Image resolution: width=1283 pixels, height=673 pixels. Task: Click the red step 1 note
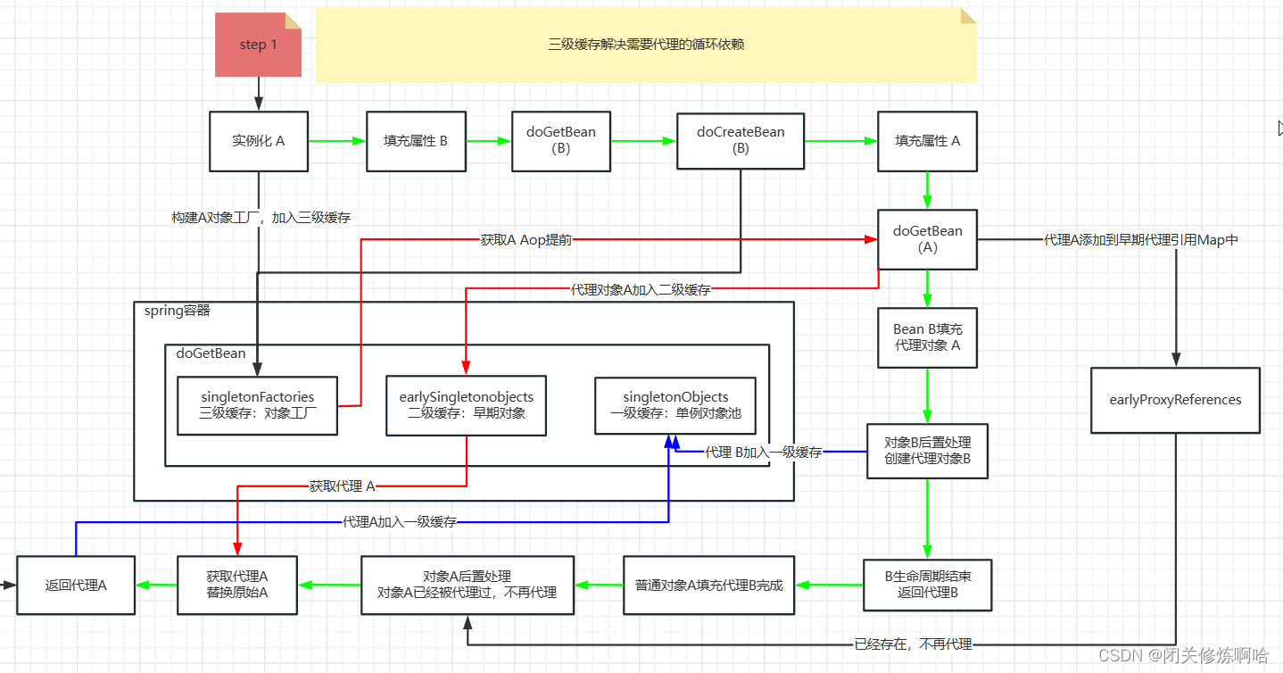(x=258, y=45)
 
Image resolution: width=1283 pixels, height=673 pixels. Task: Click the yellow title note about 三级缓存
(x=646, y=44)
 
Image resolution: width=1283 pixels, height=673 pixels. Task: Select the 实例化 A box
(x=259, y=141)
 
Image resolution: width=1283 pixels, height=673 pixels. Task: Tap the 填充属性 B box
(x=416, y=141)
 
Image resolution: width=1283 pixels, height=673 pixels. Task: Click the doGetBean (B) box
(x=560, y=141)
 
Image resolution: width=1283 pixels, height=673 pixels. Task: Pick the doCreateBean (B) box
(x=741, y=141)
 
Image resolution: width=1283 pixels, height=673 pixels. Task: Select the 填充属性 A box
(x=927, y=141)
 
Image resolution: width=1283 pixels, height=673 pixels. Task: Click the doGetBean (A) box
(x=927, y=239)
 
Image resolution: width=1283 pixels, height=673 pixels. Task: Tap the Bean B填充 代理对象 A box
(x=927, y=337)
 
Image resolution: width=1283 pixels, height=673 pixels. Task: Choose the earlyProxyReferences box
(x=1175, y=400)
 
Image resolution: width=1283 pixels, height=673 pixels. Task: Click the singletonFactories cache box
(x=257, y=405)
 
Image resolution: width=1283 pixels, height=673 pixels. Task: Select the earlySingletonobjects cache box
(x=466, y=405)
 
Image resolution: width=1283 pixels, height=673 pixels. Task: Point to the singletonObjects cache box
(x=675, y=405)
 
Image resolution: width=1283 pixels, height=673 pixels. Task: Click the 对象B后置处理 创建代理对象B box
(x=927, y=451)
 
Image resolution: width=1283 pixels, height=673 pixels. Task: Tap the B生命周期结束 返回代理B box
(x=927, y=585)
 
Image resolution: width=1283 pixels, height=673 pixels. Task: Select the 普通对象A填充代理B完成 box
(x=708, y=586)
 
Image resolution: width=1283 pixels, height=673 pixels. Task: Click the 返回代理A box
(x=76, y=586)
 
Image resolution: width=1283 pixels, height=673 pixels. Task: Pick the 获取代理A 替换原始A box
(x=237, y=585)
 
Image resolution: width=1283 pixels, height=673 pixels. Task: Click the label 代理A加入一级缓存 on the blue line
(x=399, y=522)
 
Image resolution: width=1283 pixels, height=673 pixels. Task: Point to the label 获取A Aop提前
(x=526, y=240)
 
